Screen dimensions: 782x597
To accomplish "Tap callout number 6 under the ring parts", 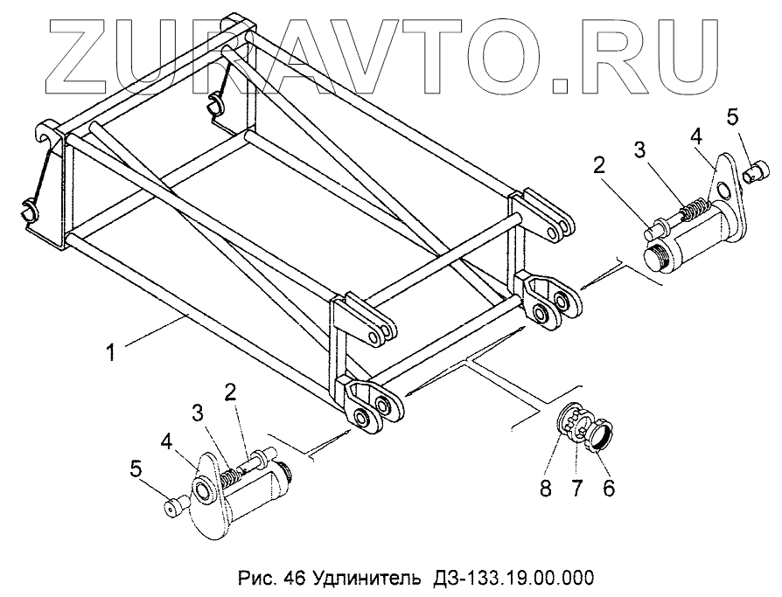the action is [x=608, y=487].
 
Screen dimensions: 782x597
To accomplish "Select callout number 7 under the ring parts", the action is [x=577, y=487].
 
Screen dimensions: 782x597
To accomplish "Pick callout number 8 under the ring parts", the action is [x=546, y=487].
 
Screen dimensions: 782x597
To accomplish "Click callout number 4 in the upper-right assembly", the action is [x=695, y=137].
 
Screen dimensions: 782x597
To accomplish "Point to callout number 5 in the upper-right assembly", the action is [x=733, y=115].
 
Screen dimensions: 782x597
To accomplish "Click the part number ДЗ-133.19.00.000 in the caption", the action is [x=509, y=578].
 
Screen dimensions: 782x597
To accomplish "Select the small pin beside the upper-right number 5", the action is [x=752, y=175].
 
